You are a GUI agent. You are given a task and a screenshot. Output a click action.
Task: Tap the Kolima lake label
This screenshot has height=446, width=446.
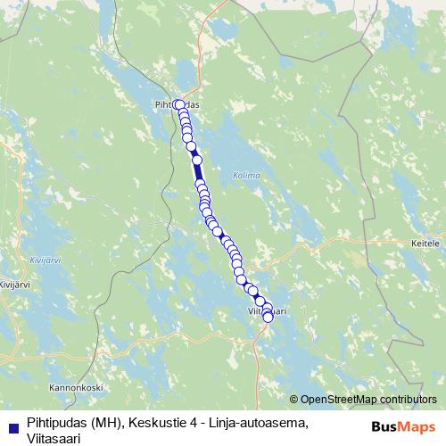[x=244, y=175]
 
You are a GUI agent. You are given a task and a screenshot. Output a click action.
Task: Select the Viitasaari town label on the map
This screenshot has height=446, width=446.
[x=266, y=311]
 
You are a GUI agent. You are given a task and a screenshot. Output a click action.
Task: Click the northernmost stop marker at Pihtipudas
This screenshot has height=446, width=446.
[x=178, y=103]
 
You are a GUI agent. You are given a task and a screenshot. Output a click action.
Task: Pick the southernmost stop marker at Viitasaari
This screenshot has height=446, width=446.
[x=268, y=317]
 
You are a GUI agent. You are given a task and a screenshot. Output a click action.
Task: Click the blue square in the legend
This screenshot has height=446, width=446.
[x=13, y=425]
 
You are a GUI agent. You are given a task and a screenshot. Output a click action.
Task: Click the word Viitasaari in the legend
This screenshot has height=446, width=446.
[x=56, y=438]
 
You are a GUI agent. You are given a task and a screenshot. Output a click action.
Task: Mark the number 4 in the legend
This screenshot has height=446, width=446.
[x=196, y=424]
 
